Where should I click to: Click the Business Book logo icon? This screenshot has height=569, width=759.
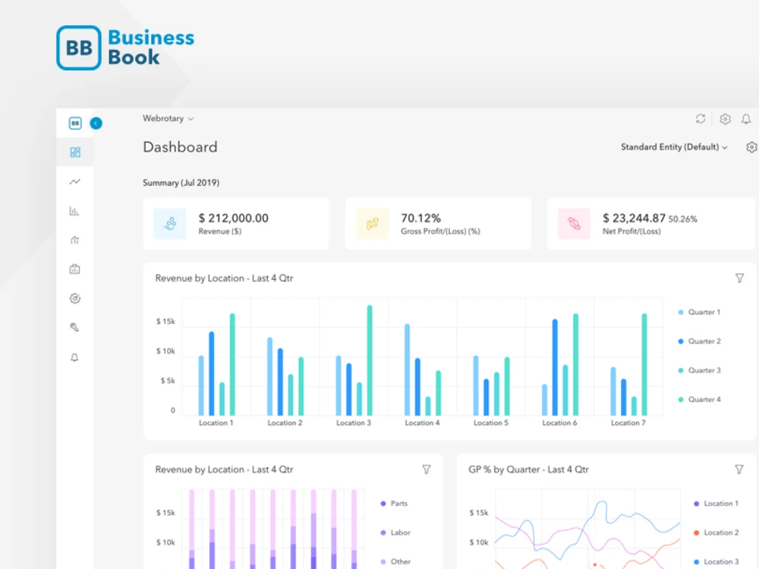pos(79,48)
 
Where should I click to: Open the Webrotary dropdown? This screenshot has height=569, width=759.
pos(168,118)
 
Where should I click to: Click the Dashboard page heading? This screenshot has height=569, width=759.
pos(180,147)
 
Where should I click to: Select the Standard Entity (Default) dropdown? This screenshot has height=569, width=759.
pos(674,147)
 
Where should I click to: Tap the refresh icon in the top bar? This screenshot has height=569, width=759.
pos(701,118)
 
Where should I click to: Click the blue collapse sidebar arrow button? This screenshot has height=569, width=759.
pos(96,124)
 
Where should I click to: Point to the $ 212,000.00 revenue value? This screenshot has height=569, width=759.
pos(233,218)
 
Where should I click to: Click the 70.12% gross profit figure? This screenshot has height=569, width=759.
pos(420,218)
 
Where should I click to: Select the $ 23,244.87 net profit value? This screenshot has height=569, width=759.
pos(634,218)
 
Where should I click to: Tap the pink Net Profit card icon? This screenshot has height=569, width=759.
pos(574,224)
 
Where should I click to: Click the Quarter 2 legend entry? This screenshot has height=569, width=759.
pos(700,341)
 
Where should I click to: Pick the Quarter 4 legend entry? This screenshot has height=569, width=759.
pos(700,399)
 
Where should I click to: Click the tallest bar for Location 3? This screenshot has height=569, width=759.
pos(370,360)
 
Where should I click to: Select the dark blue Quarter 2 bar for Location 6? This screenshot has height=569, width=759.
pos(555,367)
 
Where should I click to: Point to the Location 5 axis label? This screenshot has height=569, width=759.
pos(491,423)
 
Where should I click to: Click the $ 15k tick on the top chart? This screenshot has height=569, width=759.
pos(165,321)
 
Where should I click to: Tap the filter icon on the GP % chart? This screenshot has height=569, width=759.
pos(739,470)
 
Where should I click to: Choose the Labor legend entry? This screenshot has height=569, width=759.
pos(395,533)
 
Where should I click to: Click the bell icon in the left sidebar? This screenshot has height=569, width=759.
pos(74,357)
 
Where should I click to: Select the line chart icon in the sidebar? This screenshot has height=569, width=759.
pos(74,181)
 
